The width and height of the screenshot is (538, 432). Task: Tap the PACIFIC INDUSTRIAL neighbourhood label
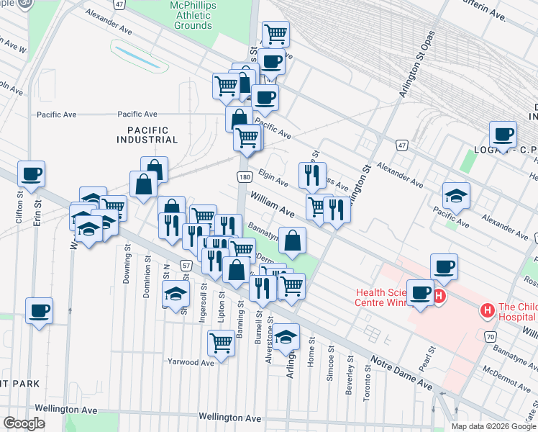[142, 135]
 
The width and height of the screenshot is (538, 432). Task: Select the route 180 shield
[245, 177]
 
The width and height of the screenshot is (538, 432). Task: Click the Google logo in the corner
[24, 423]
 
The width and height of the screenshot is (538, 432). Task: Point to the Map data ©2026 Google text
[493, 426]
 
